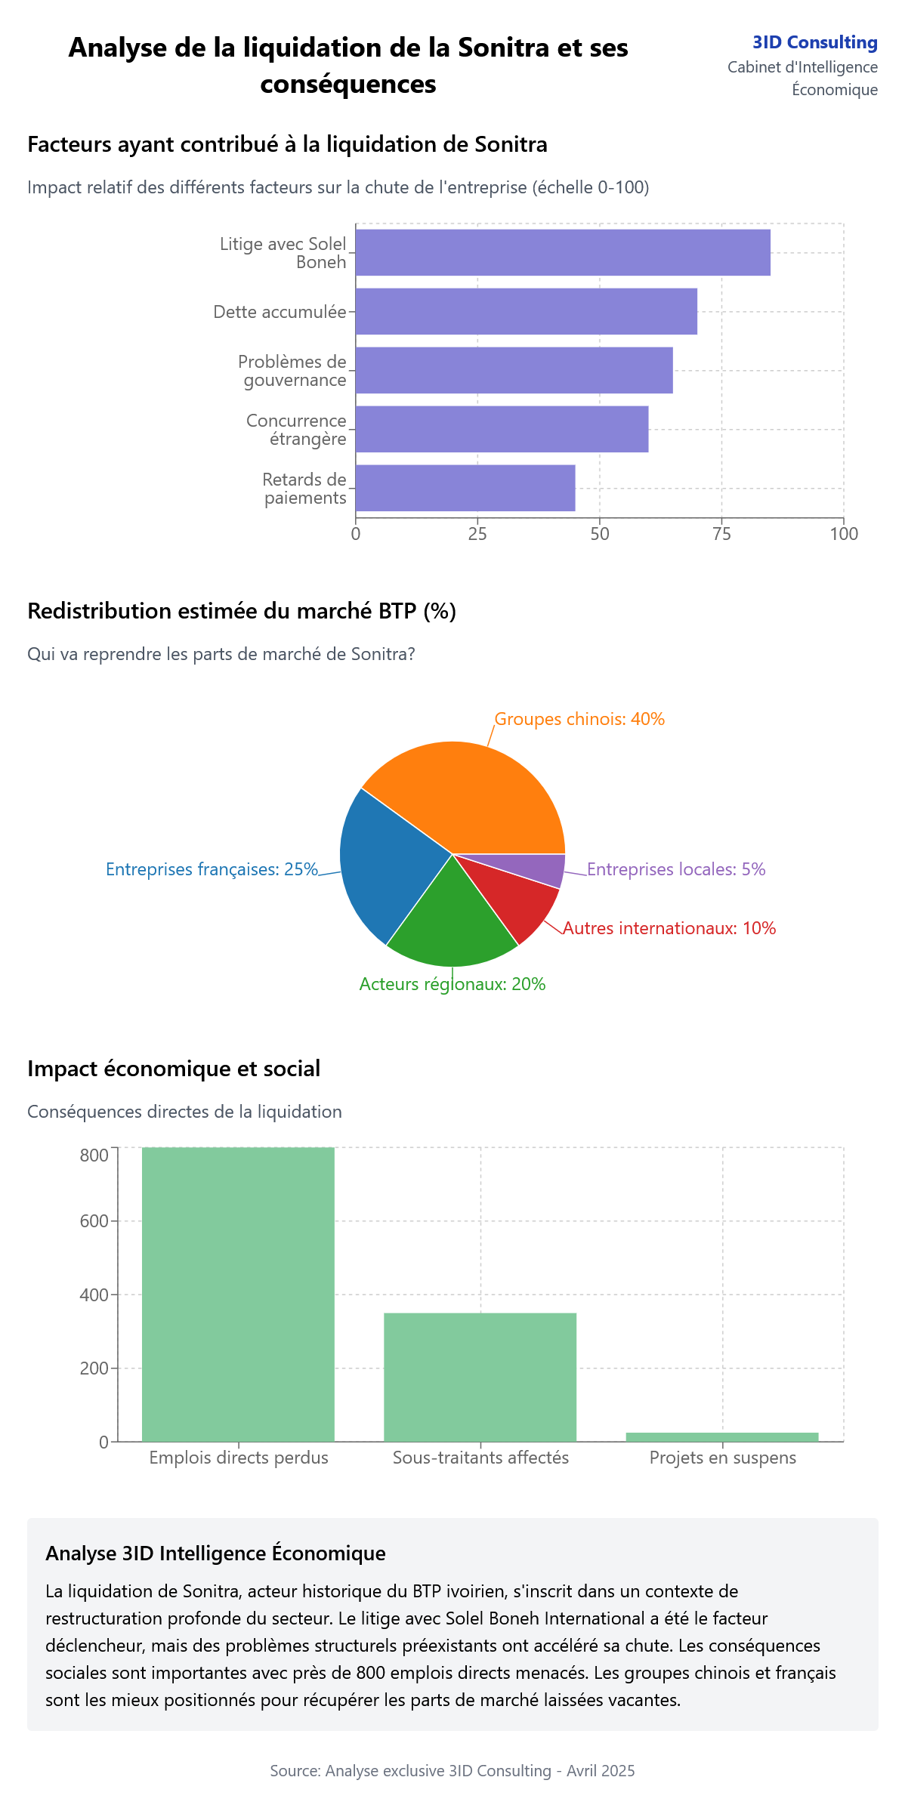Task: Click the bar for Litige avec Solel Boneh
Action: (x=563, y=252)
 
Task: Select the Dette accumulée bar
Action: (x=526, y=311)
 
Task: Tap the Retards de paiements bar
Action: (x=465, y=488)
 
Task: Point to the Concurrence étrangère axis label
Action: (x=296, y=430)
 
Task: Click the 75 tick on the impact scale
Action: (x=721, y=534)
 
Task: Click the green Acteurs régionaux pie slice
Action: (x=452, y=925)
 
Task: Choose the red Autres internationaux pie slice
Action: (x=521, y=899)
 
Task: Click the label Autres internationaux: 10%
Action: (x=669, y=928)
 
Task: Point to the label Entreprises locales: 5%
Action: (x=676, y=869)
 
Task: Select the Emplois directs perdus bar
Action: (x=238, y=1294)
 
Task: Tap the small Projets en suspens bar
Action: (x=721, y=1436)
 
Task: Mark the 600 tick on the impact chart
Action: (x=94, y=1221)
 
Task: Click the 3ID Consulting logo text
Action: (x=814, y=42)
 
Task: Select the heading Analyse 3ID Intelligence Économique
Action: (x=215, y=1553)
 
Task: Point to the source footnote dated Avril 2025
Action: (x=452, y=1770)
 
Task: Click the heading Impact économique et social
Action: (x=174, y=1069)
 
